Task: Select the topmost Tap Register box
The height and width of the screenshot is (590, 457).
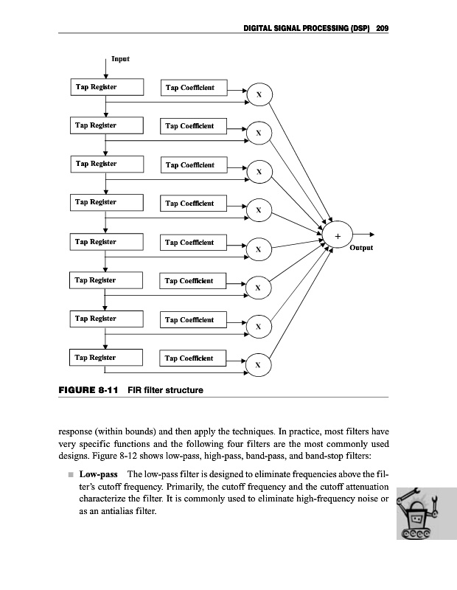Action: coord(106,88)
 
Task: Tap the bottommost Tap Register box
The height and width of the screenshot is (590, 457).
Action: coord(106,358)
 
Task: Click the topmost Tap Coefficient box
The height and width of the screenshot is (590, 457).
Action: coord(194,88)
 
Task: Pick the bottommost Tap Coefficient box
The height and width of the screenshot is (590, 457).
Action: coord(194,358)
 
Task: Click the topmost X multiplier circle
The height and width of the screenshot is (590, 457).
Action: coord(259,94)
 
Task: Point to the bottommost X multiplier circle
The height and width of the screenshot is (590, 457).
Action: coord(259,364)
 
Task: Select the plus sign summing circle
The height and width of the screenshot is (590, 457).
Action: coord(338,235)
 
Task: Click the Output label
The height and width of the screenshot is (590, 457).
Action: coord(361,248)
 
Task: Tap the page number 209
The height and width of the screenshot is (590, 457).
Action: coord(382,28)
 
